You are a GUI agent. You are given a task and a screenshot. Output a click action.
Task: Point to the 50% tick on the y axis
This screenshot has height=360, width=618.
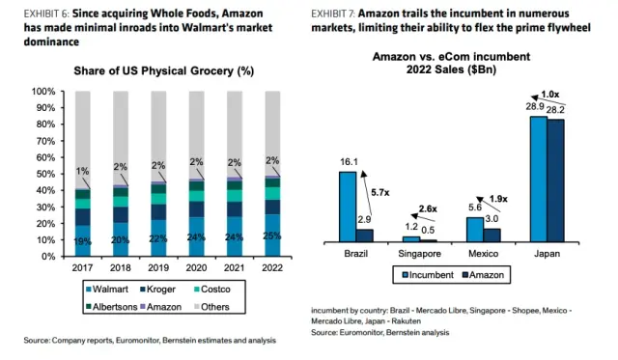click(58, 174)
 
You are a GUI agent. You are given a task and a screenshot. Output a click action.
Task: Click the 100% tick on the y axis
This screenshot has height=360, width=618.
click(56, 92)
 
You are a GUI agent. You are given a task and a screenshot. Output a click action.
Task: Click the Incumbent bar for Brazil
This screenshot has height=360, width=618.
click(347, 207)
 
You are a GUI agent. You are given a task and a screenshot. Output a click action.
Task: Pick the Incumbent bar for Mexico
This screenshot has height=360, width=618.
click(474, 229)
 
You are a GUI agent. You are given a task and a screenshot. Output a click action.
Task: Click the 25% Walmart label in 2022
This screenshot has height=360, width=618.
click(273, 236)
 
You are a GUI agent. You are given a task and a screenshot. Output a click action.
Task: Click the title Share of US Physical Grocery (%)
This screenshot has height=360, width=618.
click(163, 70)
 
